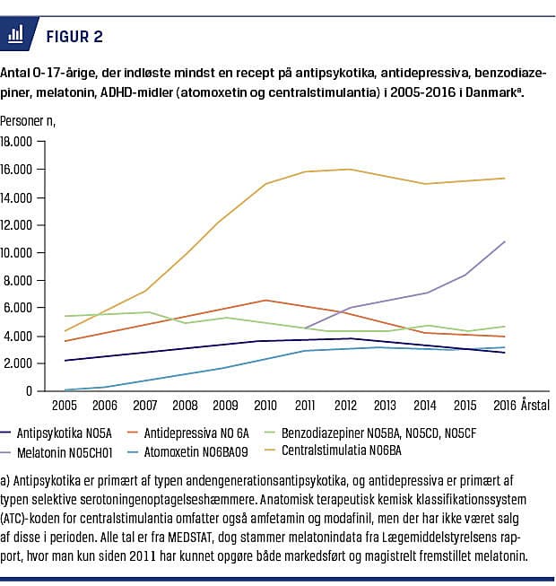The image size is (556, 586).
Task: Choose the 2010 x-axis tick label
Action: point(265,407)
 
